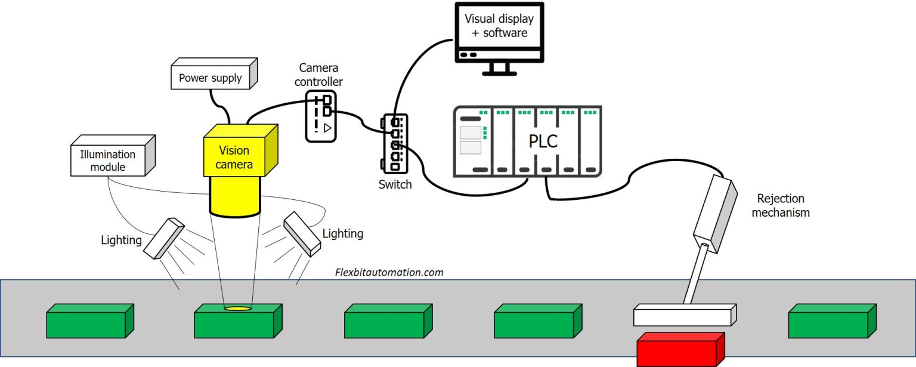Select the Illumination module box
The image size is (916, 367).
click(108, 161)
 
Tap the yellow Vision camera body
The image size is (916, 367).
click(234, 157)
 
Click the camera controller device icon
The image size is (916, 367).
click(321, 116)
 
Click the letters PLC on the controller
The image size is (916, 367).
click(543, 142)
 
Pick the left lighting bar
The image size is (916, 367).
click(163, 238)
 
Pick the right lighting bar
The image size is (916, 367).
click(301, 233)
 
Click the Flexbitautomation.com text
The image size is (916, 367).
click(389, 272)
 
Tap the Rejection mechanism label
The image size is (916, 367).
click(780, 205)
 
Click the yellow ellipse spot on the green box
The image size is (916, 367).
click(237, 308)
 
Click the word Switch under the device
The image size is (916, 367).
click(395, 184)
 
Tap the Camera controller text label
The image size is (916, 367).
click(318, 75)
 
